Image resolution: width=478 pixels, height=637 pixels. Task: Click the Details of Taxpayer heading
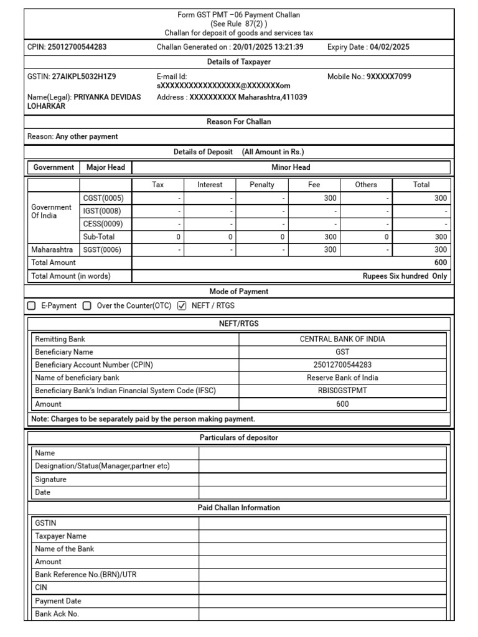pos(238,62)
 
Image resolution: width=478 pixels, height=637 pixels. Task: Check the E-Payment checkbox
pos(32,305)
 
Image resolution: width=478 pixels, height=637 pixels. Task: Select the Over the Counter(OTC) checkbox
pos(87,305)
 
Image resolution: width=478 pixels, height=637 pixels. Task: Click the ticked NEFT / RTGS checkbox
pos(182,305)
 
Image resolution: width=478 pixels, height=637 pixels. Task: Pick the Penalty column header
pos(261,185)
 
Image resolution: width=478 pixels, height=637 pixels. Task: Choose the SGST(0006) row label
pos(102,249)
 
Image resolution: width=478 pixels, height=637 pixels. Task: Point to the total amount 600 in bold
pos(441,263)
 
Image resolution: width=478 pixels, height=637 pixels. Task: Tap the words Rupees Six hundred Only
pos(405,276)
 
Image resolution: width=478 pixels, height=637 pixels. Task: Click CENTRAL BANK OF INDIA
pos(342,339)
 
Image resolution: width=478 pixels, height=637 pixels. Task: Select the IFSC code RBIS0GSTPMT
pos(342,391)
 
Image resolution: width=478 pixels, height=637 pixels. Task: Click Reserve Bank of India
pos(342,378)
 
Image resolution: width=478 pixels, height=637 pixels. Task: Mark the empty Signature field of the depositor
pos(322,480)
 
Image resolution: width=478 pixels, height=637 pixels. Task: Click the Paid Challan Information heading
pos(238,508)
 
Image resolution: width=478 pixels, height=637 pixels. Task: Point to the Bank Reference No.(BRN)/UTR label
pos(86,575)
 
